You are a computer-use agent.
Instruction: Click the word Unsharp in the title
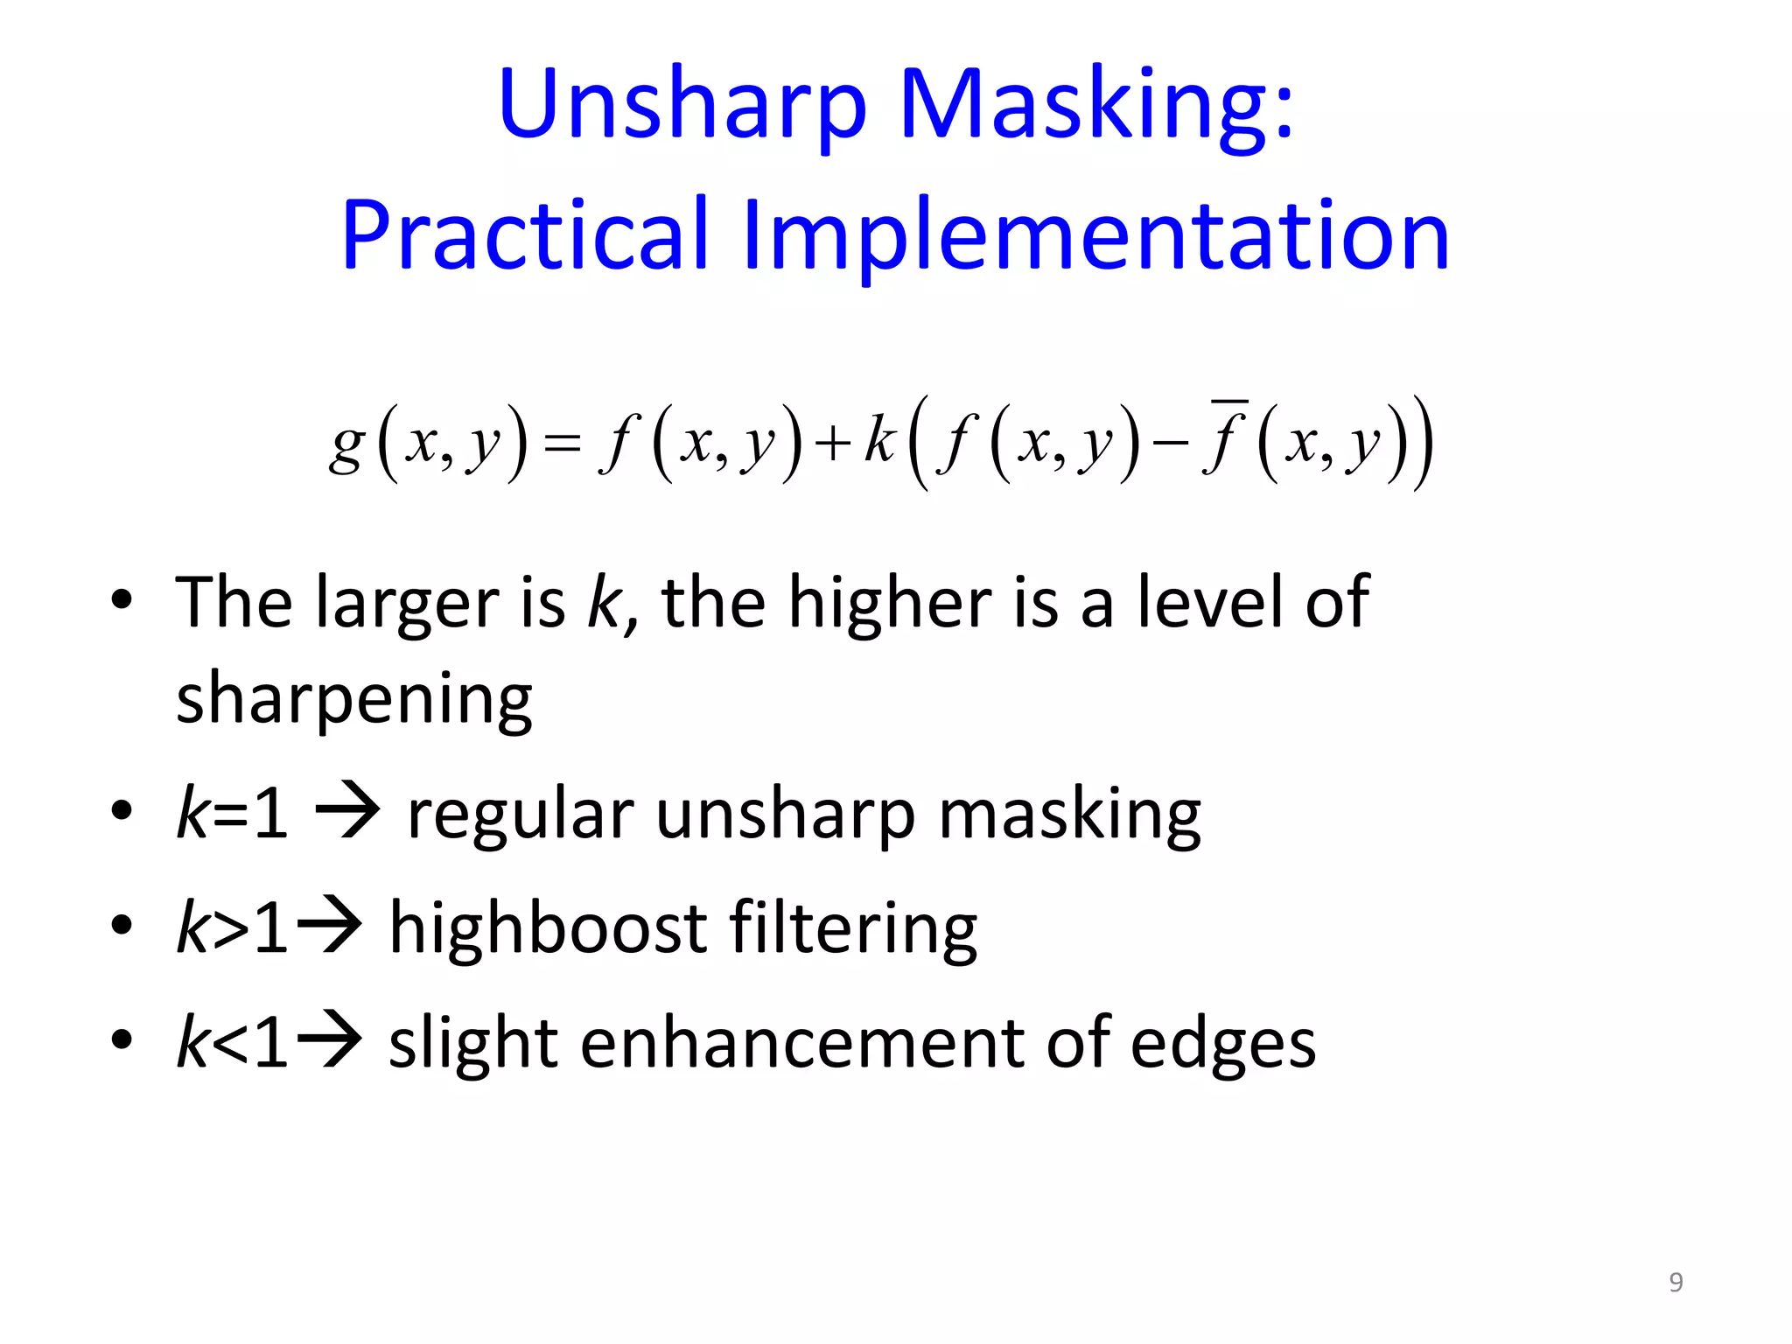click(682, 105)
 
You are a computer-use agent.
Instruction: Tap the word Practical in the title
click(525, 234)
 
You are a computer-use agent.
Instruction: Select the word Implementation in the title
click(1095, 234)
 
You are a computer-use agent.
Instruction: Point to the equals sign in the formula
click(562, 444)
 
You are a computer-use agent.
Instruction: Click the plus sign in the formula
click(833, 444)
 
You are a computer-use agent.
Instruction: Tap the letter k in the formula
click(879, 439)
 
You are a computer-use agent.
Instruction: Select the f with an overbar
click(1224, 437)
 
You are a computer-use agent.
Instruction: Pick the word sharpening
click(354, 700)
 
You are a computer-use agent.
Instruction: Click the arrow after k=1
click(347, 812)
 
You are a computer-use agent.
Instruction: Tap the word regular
click(521, 814)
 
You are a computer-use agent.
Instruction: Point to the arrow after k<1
click(330, 1041)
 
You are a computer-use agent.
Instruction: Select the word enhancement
click(802, 1043)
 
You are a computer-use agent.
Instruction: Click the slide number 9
click(1676, 1282)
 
